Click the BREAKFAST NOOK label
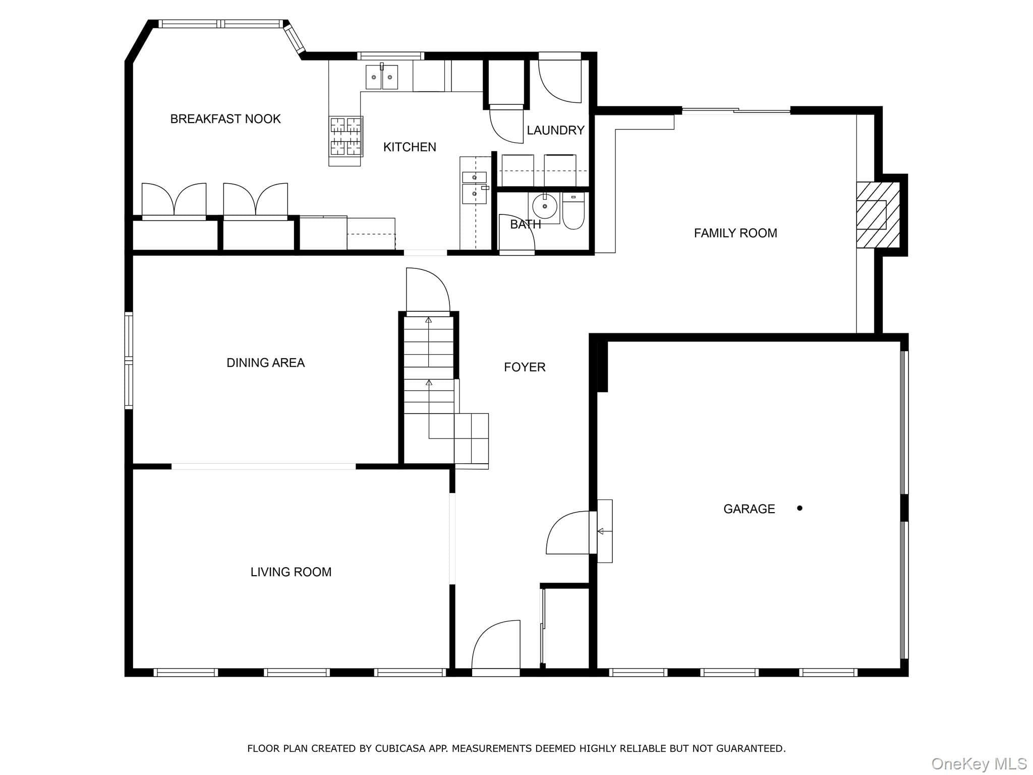click(x=225, y=119)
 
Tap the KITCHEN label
click(x=410, y=147)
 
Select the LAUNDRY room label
click(x=555, y=130)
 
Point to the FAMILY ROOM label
click(x=735, y=233)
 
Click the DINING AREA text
click(x=265, y=363)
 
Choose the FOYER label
click(x=525, y=367)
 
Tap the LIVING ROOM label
click(x=291, y=572)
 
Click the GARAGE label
click(x=749, y=509)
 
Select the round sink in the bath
click(x=545, y=206)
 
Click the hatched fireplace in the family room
click(x=878, y=215)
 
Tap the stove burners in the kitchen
click(x=346, y=136)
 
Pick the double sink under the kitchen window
click(x=381, y=77)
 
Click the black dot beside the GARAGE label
click(x=799, y=508)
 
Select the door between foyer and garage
click(x=568, y=533)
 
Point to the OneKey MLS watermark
click(x=979, y=764)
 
